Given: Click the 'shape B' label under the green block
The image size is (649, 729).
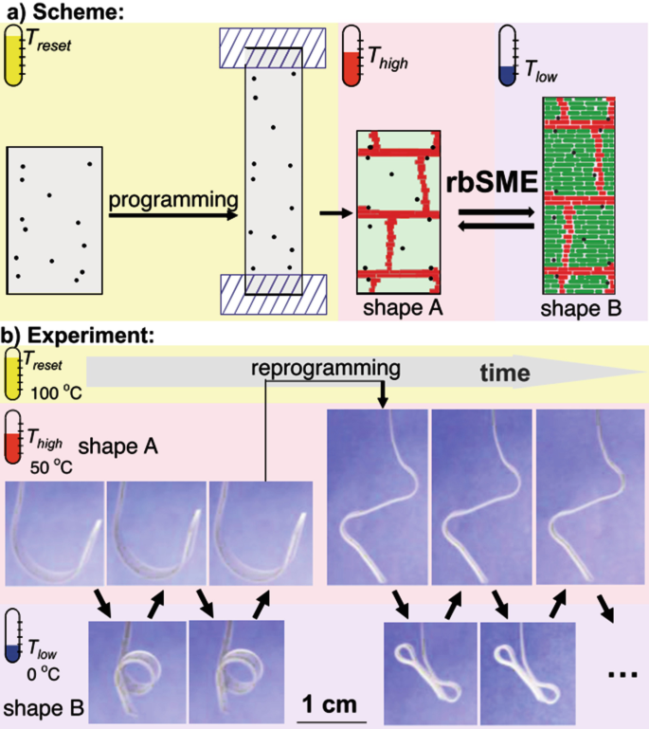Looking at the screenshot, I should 575,310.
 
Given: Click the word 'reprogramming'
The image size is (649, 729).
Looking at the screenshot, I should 320,367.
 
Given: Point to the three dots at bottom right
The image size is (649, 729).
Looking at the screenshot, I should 622,671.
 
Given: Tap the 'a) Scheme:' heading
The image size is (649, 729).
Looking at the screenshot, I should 64,11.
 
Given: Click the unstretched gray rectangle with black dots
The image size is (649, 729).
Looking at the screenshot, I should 53,217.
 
